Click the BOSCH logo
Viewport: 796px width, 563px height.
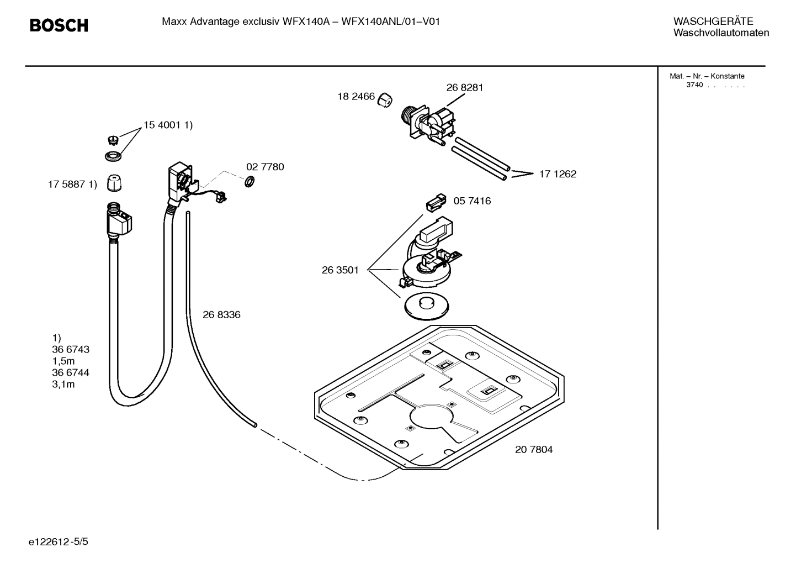click(59, 25)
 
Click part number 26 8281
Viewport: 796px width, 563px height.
click(464, 87)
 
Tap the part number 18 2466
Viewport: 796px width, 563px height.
click(356, 97)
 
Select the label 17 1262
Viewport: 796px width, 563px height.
click(558, 174)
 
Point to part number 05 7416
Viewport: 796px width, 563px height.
click(472, 201)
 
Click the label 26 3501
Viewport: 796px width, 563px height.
click(340, 270)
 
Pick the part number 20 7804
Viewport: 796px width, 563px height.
click(534, 450)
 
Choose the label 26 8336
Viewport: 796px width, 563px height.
click(221, 315)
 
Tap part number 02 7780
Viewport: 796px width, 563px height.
click(265, 167)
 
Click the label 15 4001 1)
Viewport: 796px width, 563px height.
click(168, 125)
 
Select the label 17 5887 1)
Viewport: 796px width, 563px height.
click(72, 185)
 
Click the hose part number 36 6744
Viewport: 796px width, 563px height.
click(71, 373)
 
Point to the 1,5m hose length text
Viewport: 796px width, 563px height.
click(63, 361)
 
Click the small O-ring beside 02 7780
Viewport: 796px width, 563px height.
click(249, 181)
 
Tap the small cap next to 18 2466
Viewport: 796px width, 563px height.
click(385, 100)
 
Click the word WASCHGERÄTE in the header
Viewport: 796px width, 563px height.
click(713, 22)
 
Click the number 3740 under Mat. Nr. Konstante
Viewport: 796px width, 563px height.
click(694, 85)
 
